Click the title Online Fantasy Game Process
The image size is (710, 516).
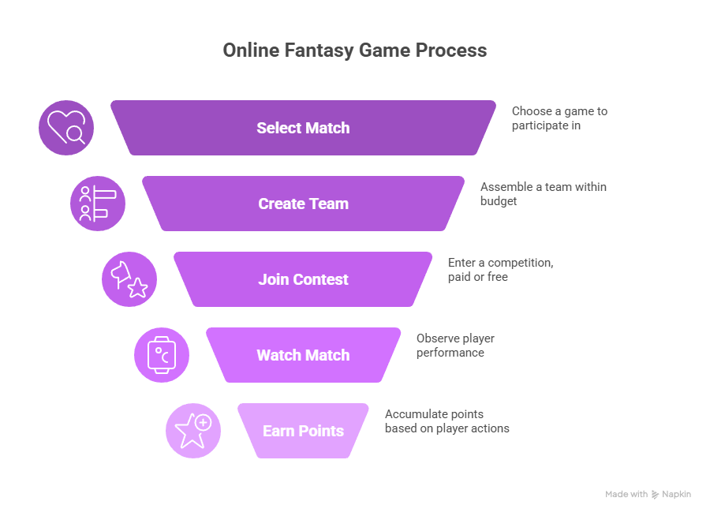coord(354,50)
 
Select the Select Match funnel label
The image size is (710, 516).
coord(303,128)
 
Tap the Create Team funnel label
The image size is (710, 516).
coord(303,204)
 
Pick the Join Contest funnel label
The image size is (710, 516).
coord(303,279)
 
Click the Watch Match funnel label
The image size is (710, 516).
coord(303,355)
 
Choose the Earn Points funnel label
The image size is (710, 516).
coord(303,431)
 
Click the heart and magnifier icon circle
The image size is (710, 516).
coord(66,128)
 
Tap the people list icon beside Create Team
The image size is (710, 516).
coord(98,204)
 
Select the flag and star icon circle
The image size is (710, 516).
coord(129,279)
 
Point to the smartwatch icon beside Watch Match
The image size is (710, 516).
coord(162,355)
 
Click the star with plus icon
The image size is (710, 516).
coord(193,431)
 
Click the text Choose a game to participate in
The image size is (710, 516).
coord(559,118)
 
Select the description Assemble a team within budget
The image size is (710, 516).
coord(543,194)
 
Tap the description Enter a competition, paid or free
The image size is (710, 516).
coord(500,270)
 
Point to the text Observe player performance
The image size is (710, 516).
coord(455,346)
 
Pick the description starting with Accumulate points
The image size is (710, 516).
coord(447,421)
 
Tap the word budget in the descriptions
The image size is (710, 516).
coord(499,201)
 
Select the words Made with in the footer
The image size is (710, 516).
coord(626,494)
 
